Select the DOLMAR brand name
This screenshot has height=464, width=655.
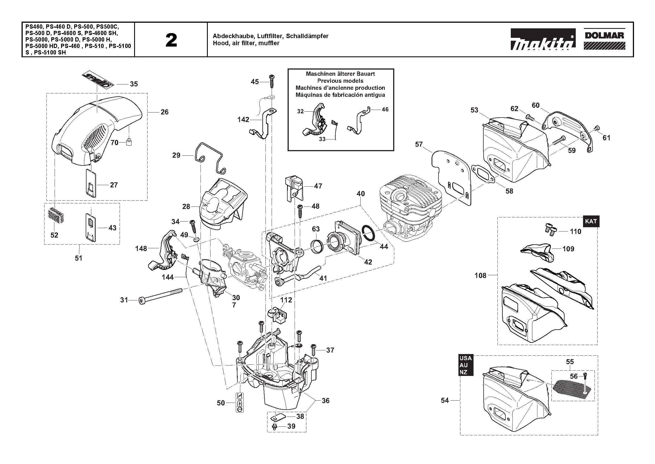click(x=604, y=35)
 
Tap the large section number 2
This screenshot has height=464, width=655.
click(x=171, y=40)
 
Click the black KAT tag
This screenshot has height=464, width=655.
click(x=591, y=221)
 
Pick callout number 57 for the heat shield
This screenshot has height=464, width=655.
click(x=418, y=144)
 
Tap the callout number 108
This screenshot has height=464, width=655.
click(x=480, y=275)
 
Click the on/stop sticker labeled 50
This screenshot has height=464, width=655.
click(x=240, y=402)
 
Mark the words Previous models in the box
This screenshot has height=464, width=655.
click(x=340, y=81)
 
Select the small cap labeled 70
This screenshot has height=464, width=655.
click(x=129, y=141)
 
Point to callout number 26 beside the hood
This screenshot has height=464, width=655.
click(x=165, y=112)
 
